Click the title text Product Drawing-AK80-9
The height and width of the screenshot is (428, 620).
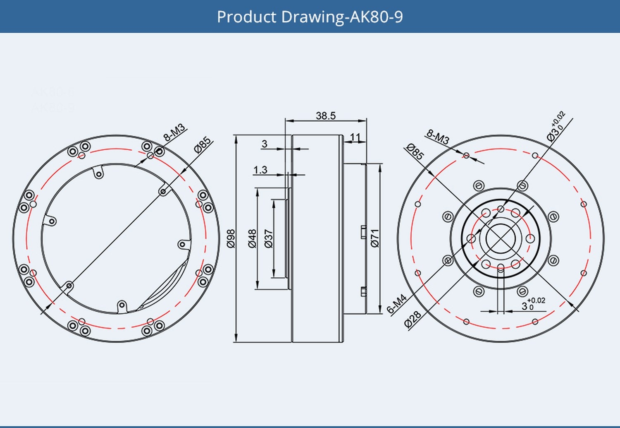click(310, 17)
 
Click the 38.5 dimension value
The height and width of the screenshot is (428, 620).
click(326, 115)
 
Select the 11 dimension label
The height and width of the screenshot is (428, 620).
click(355, 137)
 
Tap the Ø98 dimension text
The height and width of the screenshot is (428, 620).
click(231, 238)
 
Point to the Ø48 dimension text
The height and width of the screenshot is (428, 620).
click(252, 238)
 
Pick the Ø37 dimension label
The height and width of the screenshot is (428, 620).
click(269, 238)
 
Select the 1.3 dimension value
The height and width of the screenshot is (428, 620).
click(260, 170)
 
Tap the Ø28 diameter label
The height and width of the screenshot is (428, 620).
click(413, 319)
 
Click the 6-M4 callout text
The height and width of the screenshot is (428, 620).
click(397, 304)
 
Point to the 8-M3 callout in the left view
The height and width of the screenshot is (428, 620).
click(174, 132)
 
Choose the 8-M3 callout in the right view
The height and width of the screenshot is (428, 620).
click(438, 137)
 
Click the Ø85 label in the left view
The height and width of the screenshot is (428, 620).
click(203, 145)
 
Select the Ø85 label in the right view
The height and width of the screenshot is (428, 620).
click(415, 151)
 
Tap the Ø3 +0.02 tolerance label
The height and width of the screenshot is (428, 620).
click(556, 127)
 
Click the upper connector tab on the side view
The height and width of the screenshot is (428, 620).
click(363, 232)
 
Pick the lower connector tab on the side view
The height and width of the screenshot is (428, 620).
click(363, 291)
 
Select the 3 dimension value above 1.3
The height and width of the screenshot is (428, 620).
click(265, 144)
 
